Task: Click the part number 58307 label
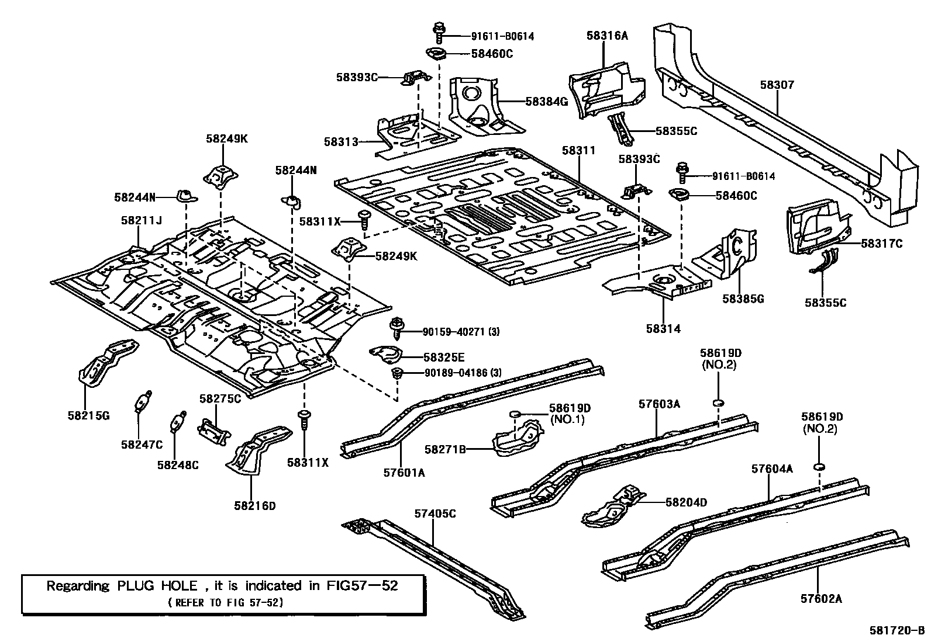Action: pyautogui.click(x=777, y=85)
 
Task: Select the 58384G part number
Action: pyautogui.click(x=546, y=102)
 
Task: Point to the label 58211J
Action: pyautogui.click(x=141, y=221)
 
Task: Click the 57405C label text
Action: pyautogui.click(x=435, y=514)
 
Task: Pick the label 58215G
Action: pyautogui.click(x=89, y=416)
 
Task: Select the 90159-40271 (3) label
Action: pyautogui.click(x=461, y=332)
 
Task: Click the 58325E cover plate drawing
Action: pyautogui.click(x=386, y=353)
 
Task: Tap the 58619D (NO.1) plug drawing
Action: pyautogui.click(x=515, y=414)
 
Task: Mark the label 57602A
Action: pyautogui.click(x=820, y=599)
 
